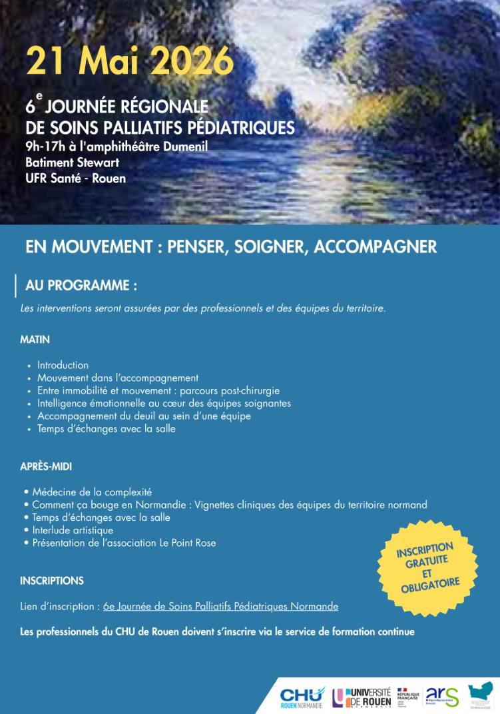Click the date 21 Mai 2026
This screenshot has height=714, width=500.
130,63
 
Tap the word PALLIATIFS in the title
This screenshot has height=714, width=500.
176,127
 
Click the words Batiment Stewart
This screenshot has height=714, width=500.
68,163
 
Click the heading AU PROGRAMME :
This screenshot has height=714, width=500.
81,285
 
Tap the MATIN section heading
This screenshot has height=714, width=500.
35,340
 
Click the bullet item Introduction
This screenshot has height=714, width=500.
63,365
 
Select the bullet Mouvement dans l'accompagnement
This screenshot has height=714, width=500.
118,378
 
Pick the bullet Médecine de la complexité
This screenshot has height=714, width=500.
92,492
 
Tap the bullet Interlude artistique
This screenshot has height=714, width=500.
73,530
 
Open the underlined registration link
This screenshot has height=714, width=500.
220,607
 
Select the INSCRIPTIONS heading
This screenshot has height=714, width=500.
52,581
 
